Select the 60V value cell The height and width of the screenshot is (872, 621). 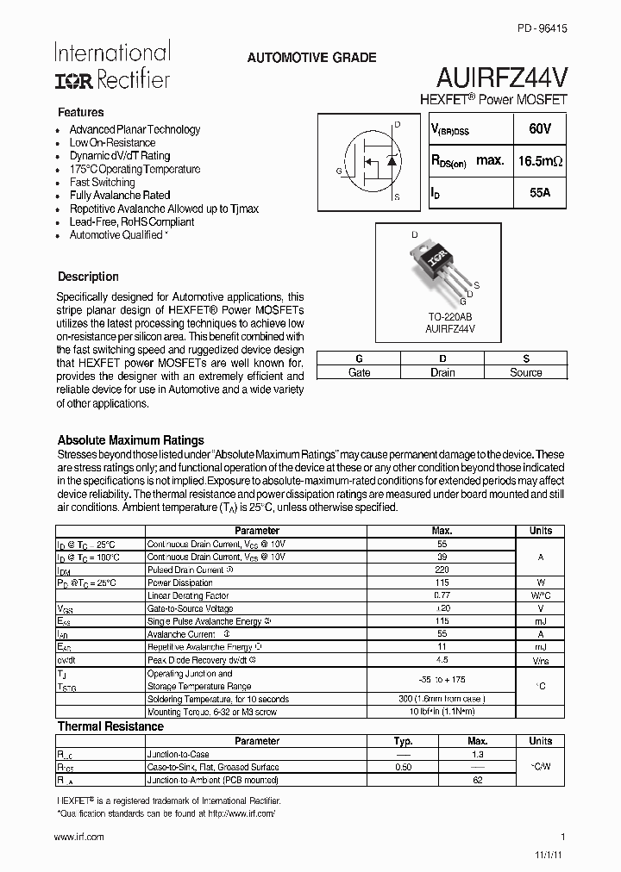pos(540,128)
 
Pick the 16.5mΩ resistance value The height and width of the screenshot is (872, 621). pos(540,161)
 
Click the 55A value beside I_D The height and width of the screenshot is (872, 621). pos(540,194)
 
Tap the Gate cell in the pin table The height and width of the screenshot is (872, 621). pos(359,372)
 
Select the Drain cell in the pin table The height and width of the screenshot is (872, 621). pos(442,372)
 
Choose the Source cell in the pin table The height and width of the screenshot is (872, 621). pos(525,372)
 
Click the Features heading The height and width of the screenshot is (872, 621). pos(80,113)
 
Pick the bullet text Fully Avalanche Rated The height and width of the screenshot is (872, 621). pos(120,196)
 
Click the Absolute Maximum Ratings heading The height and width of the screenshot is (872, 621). pos(130,440)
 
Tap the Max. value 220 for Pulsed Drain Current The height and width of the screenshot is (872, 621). pos(442,570)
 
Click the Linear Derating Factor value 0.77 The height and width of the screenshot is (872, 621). pos(442,595)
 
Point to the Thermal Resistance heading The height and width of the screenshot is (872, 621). pos(110,726)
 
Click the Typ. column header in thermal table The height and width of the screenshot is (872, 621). pos(403,741)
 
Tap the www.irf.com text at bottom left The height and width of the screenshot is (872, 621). pos(78,837)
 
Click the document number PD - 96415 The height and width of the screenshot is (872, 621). pos(542,28)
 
